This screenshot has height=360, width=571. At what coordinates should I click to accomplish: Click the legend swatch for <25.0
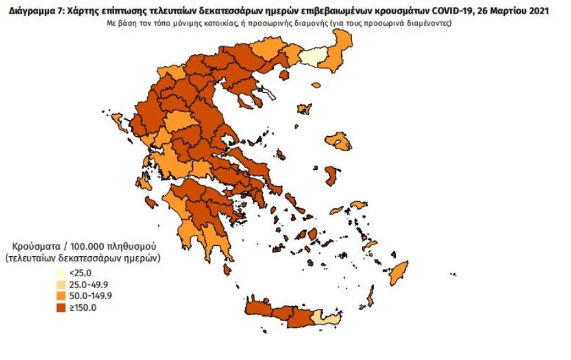point(60,273)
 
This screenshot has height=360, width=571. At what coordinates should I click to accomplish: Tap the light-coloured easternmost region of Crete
point(326,317)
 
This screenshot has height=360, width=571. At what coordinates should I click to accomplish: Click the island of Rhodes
point(398,273)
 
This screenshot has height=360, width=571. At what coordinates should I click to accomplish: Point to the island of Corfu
point(119,121)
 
